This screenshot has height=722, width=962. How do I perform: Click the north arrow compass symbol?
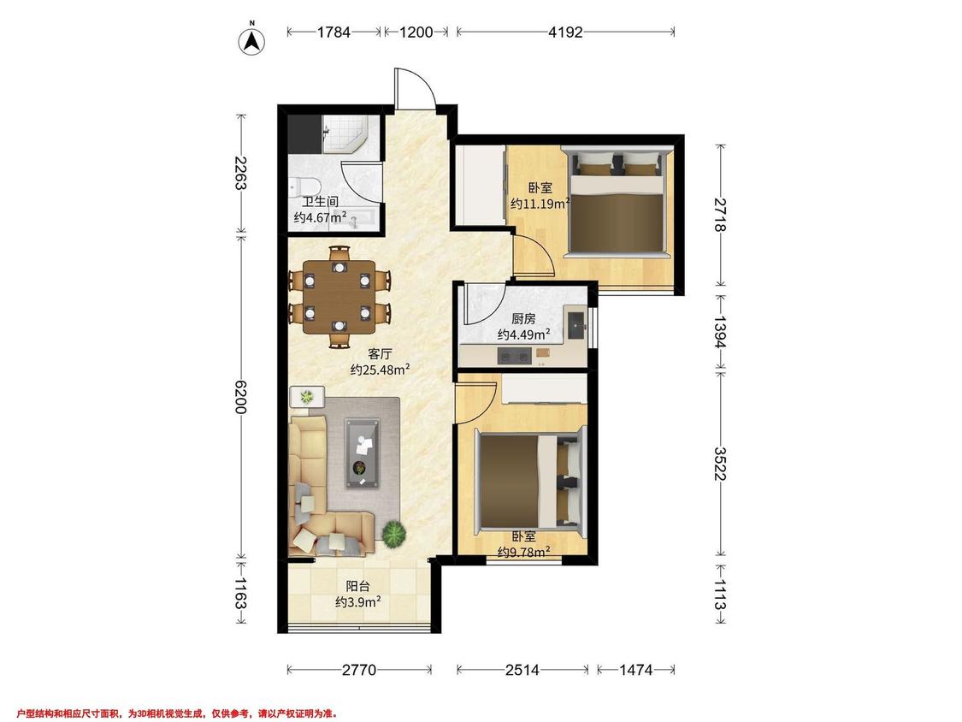pyautogui.click(x=251, y=40)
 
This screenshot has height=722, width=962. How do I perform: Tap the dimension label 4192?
pyautogui.click(x=565, y=32)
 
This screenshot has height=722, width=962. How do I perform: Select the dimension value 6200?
pyautogui.click(x=240, y=397)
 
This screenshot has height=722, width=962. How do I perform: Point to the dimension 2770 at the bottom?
pyautogui.click(x=359, y=670)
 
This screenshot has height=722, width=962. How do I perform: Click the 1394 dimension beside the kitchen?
pyautogui.click(x=720, y=332)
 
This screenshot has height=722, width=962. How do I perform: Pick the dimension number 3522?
pyautogui.click(x=720, y=464)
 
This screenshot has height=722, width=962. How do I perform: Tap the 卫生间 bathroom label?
pyautogui.click(x=320, y=201)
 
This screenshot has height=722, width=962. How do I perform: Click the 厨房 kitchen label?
pyautogui.click(x=523, y=318)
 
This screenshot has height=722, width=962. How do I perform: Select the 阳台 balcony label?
pyautogui.click(x=357, y=586)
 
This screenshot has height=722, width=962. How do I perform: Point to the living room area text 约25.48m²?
pyautogui.click(x=380, y=370)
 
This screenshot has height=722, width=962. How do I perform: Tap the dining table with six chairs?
pyautogui.click(x=339, y=297)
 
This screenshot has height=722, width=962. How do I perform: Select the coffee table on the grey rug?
pyautogui.click(x=362, y=453)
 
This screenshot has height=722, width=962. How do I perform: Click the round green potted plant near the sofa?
pyautogui.click(x=394, y=533)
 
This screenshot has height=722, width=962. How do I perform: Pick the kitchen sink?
pyautogui.click(x=576, y=325)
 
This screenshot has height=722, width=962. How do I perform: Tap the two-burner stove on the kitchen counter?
pyautogui.click(x=514, y=356)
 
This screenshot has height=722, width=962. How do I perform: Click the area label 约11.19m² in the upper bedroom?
pyautogui.click(x=540, y=204)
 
